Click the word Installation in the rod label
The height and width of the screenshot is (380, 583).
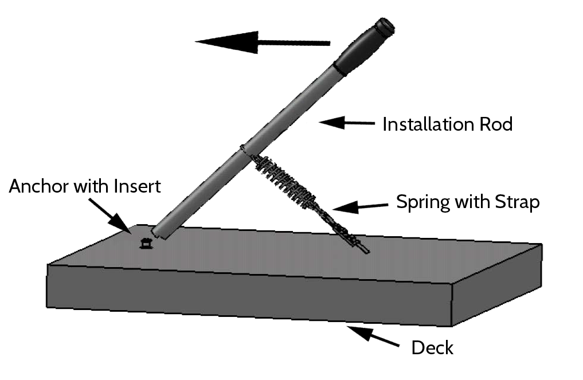tap(428, 124)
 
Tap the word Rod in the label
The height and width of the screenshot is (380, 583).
tap(496, 124)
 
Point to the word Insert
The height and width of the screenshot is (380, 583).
tap(137, 186)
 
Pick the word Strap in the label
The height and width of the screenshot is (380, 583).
tap(517, 203)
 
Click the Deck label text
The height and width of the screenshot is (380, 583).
tap(432, 348)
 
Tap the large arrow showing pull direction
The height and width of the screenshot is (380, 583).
tap(263, 42)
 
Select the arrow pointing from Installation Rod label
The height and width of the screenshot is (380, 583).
tap(346, 122)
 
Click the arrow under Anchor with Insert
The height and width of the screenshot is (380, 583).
tap(110, 217)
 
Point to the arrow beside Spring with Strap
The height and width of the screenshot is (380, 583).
tap(360, 207)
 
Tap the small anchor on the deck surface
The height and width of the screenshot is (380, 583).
tap(146, 244)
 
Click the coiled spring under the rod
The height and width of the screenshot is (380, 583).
tap(285, 181)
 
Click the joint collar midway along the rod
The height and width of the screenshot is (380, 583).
tap(244, 148)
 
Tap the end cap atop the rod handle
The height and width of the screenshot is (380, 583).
tap(385, 26)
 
